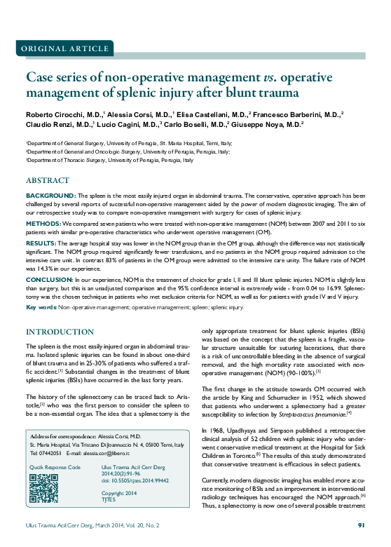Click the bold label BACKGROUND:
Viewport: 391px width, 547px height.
click(50, 195)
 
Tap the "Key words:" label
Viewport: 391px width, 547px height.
click(41, 307)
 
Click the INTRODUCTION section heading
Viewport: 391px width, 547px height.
click(60, 331)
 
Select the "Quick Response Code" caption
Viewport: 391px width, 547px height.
click(55, 467)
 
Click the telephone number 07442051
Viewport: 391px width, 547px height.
click(50, 453)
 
